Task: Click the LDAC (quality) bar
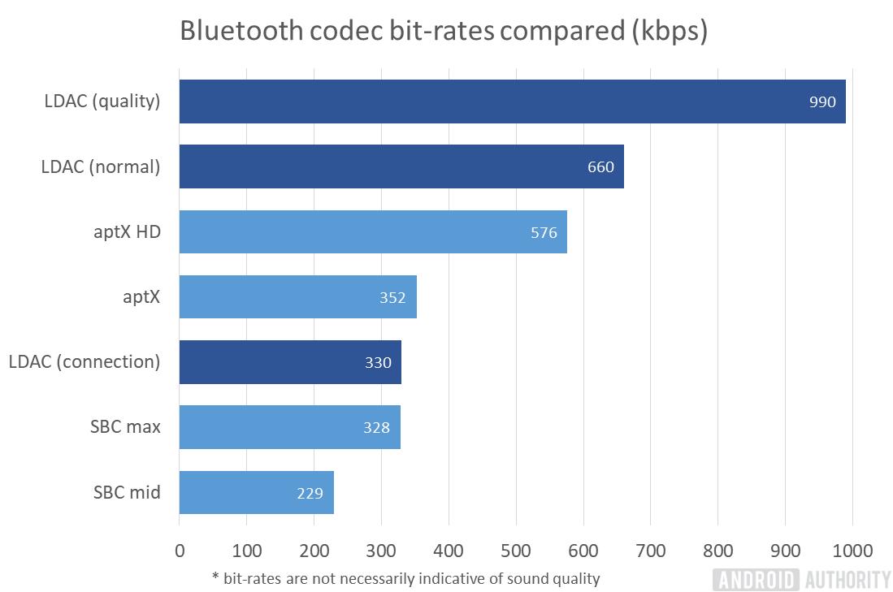click(x=512, y=102)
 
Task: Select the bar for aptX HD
click(x=372, y=232)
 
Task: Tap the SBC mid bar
click(x=256, y=492)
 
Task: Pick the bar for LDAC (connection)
click(x=289, y=362)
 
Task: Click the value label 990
click(x=822, y=102)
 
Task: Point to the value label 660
click(x=600, y=167)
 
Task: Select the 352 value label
click(x=392, y=298)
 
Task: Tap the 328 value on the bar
click(x=376, y=428)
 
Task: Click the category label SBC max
click(x=126, y=427)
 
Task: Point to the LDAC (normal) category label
click(x=101, y=167)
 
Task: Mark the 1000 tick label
click(x=852, y=551)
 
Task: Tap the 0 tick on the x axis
click(x=180, y=551)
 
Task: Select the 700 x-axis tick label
click(x=651, y=551)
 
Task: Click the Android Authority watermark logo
click(x=801, y=579)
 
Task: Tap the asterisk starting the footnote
click(x=215, y=577)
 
